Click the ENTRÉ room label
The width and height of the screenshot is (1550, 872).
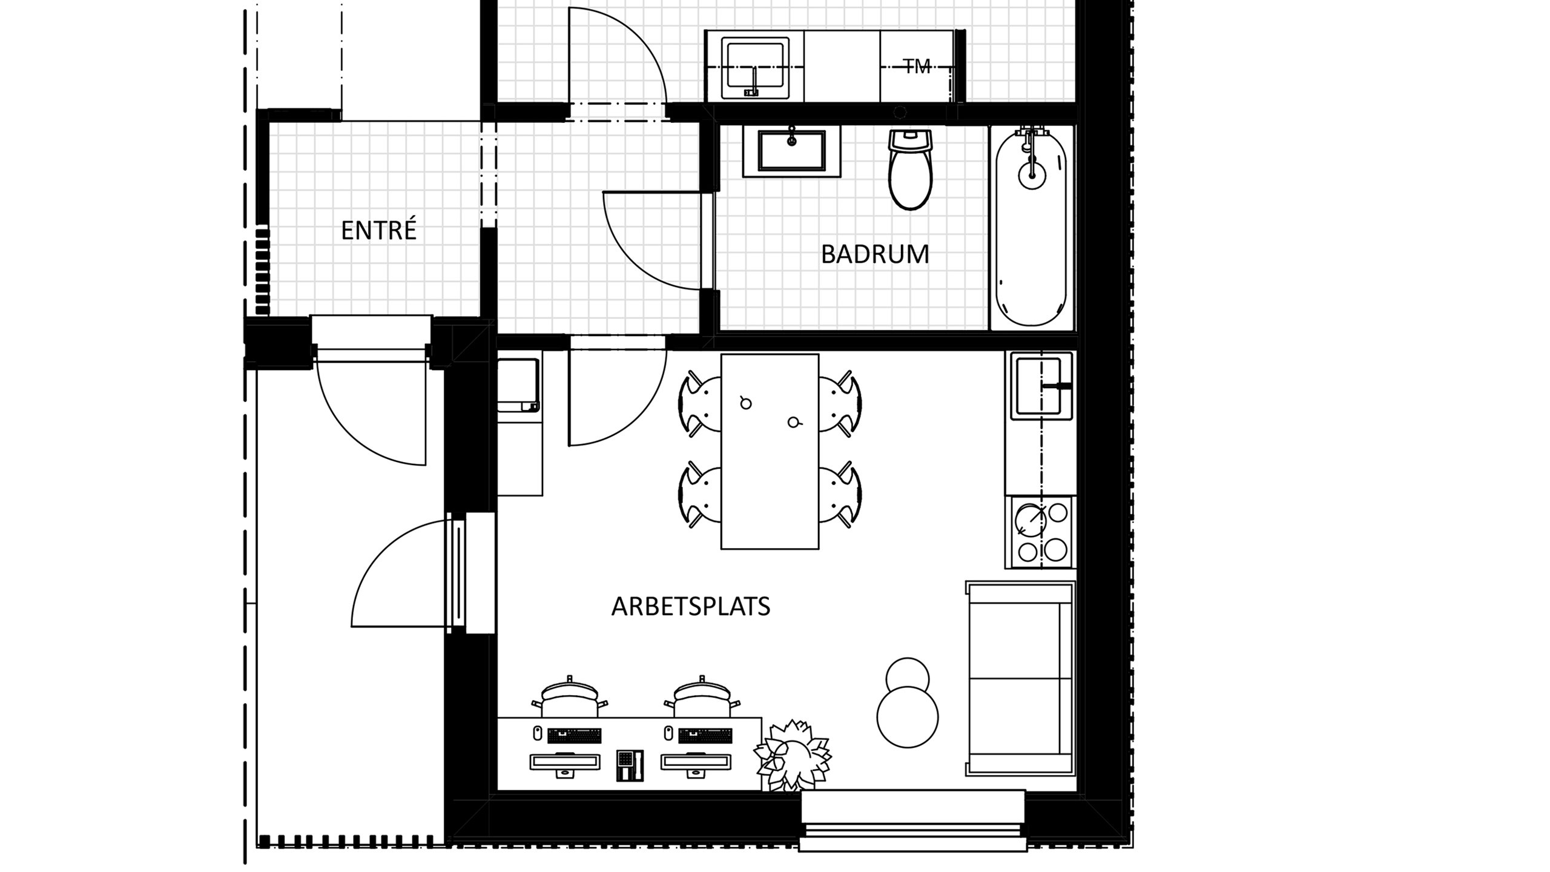tap(378, 231)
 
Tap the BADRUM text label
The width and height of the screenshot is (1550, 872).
tap(874, 254)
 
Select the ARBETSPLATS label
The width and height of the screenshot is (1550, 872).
tap(690, 606)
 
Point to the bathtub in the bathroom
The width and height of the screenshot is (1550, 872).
tap(1031, 229)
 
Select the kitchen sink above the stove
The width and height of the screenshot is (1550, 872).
tap(1039, 386)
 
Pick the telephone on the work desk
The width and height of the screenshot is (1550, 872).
tap(630, 765)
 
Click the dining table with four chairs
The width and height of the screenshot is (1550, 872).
tap(770, 451)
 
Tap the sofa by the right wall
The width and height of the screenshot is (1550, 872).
tap(1020, 678)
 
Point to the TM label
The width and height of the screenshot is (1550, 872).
tap(917, 66)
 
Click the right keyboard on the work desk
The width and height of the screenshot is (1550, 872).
tap(705, 735)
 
